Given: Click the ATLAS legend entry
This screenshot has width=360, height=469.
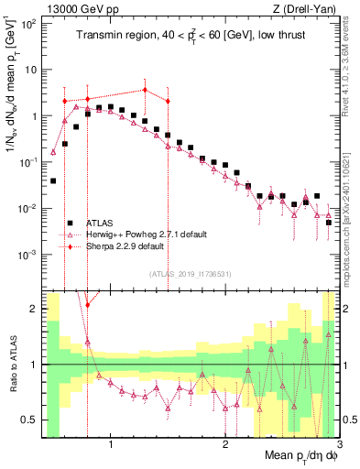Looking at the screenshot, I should (x=101, y=223).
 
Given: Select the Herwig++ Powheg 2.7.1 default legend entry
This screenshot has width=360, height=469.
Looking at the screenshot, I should (x=144, y=234).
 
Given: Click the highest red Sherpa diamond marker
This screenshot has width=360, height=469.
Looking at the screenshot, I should (x=145, y=90).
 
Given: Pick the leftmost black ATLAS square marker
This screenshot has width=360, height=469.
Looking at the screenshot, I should (x=53, y=181).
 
